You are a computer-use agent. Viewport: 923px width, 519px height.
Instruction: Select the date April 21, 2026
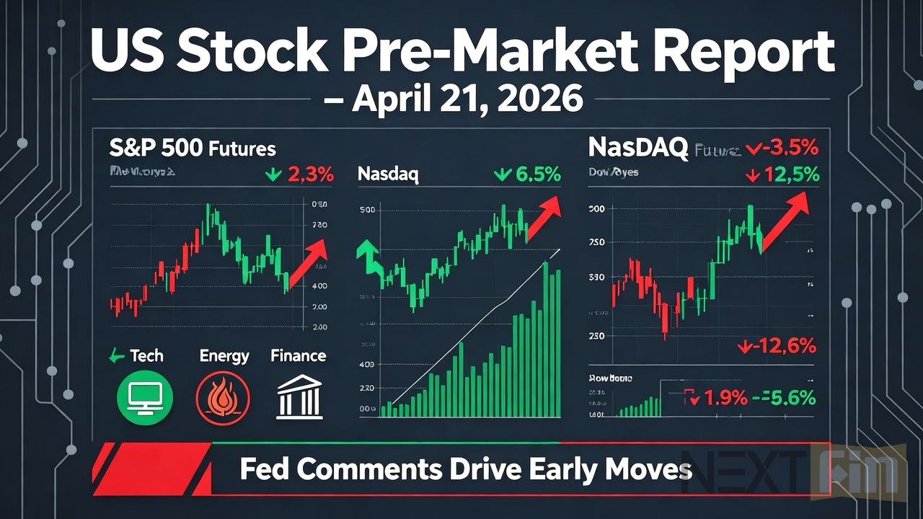pyautogui.click(x=467, y=98)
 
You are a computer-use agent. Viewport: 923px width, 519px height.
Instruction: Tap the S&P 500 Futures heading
pyautogui.click(x=193, y=149)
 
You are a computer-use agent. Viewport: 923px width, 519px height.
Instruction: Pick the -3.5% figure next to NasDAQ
pyautogui.click(x=783, y=149)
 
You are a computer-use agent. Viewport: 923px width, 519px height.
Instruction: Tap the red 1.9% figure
pyautogui.click(x=718, y=397)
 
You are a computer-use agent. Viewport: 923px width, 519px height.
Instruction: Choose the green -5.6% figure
pyautogui.click(x=786, y=397)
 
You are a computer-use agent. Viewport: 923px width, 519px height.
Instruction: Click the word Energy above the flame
pyautogui.click(x=224, y=356)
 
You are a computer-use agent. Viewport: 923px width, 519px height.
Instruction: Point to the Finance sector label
pyautogui.click(x=298, y=356)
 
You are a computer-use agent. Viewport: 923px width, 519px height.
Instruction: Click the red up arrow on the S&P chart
pyautogui.click(x=308, y=259)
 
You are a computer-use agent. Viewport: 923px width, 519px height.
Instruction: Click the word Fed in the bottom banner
pyautogui.click(x=263, y=470)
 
